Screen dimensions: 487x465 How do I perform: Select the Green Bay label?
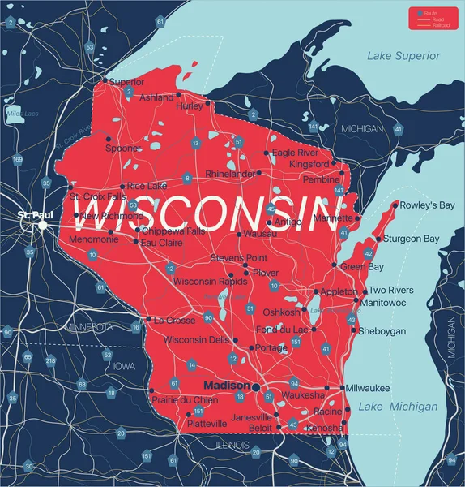point(361,266)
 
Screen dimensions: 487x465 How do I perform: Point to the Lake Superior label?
point(403,56)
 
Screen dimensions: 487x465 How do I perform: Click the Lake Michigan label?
point(399,406)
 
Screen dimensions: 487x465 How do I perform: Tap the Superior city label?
point(126,82)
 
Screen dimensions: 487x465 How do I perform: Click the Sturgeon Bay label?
point(412,239)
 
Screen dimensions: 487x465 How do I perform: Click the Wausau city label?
point(258,234)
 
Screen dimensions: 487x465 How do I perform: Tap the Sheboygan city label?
point(382,331)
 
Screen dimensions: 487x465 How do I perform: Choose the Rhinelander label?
point(230,174)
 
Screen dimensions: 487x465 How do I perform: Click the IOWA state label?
point(125,367)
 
